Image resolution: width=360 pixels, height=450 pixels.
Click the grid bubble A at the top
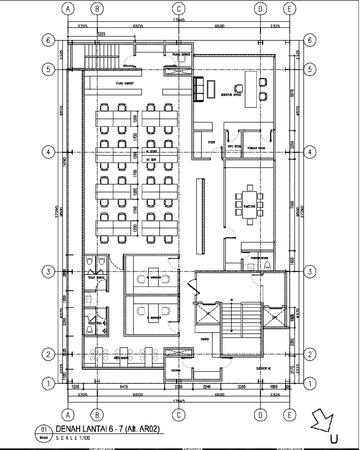[67, 9]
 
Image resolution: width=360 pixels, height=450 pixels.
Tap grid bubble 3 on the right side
[309, 271]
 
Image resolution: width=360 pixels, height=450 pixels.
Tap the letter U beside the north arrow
[334, 439]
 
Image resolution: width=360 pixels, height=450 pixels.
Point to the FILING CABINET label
[125, 84]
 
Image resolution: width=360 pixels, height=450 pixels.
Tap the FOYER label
[211, 142]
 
